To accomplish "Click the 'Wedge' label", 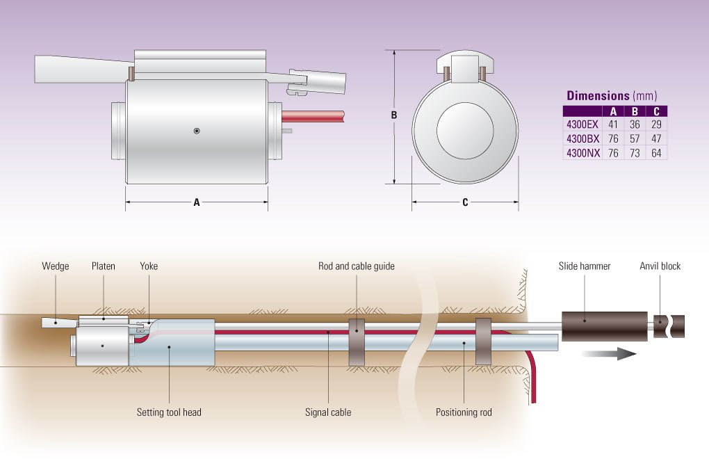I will pos(56,266).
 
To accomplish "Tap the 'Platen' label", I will pos(104,266).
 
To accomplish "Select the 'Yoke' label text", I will pos(149,266).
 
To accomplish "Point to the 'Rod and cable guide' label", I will pos(357,266).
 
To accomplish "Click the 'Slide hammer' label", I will pos(585,266).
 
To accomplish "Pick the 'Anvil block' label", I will pos(660,266).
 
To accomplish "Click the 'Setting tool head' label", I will pos(169,412).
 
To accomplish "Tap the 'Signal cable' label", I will pos(328,412).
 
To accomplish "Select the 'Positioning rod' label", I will pos(464,412).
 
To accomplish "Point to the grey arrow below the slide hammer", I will pos(609,353).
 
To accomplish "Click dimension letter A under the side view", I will pos(197,202).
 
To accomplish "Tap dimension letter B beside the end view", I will pos(393,115).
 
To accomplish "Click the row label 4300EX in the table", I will pos(582,124).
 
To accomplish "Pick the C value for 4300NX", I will pos(656,152).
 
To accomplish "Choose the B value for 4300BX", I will pos(635,138).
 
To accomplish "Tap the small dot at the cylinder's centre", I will pos(197,131).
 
